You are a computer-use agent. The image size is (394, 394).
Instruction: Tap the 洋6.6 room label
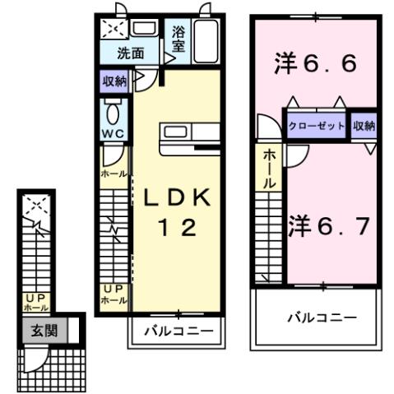point(316,63)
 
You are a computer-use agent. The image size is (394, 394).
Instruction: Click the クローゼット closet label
point(317,126)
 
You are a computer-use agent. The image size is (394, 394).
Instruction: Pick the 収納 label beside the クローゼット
point(364,126)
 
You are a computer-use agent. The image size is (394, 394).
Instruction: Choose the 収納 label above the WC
point(114,81)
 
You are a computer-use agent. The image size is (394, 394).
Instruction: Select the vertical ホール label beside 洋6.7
point(270,172)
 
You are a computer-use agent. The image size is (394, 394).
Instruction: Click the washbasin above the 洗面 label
point(146,30)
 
